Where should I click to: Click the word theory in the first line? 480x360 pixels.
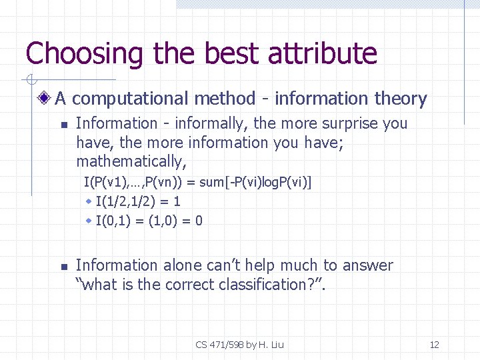point(400,99)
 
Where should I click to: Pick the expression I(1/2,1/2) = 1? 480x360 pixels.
point(138,201)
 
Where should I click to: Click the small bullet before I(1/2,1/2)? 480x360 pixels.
point(89,201)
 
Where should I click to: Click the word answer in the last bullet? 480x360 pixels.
point(368,265)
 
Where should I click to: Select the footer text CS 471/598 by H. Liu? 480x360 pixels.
point(239,345)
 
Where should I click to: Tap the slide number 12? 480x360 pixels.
point(434,345)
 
